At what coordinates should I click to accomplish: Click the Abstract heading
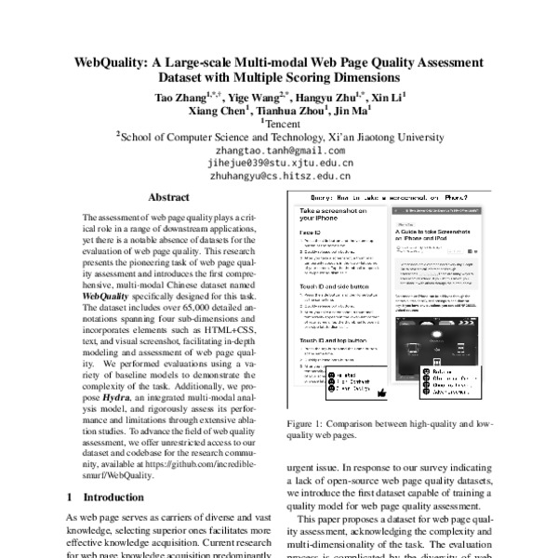pyautogui.click(x=168, y=197)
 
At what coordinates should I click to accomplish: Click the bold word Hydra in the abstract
pyautogui.click(x=116, y=368)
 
